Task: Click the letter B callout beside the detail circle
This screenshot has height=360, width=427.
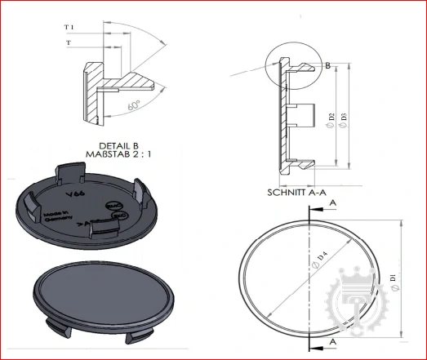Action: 327,65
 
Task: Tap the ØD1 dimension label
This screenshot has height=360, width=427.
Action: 394,282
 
